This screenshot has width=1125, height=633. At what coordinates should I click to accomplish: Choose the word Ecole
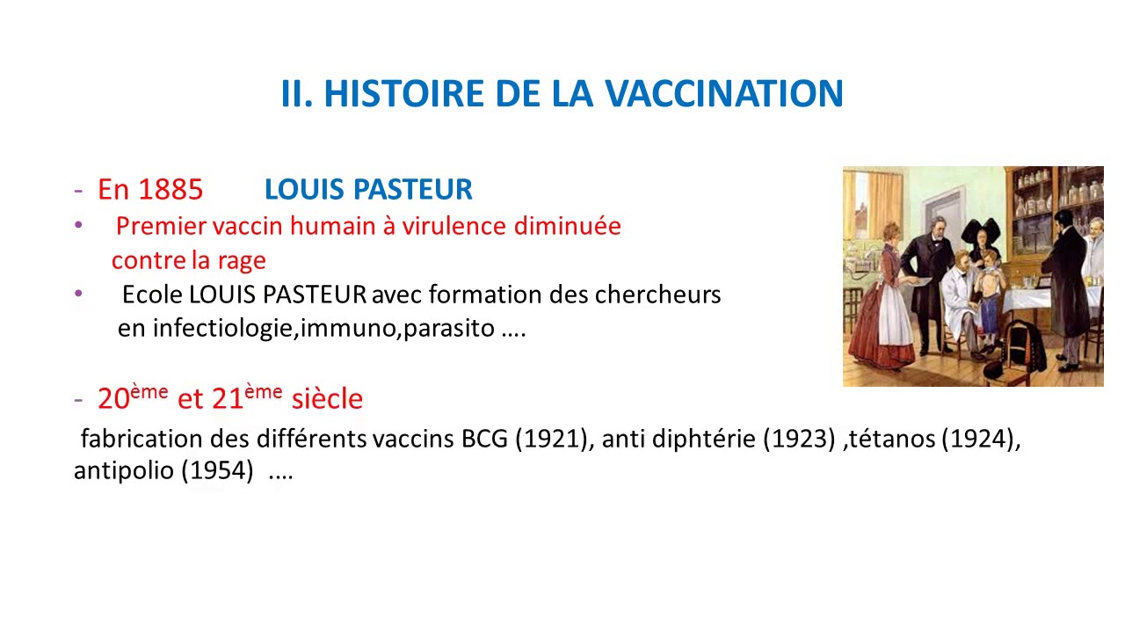(x=152, y=295)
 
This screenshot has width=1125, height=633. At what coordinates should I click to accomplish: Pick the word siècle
(x=326, y=399)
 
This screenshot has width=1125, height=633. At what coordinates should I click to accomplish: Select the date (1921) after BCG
(x=551, y=440)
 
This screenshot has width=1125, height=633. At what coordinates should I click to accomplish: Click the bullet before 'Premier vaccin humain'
(x=79, y=226)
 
